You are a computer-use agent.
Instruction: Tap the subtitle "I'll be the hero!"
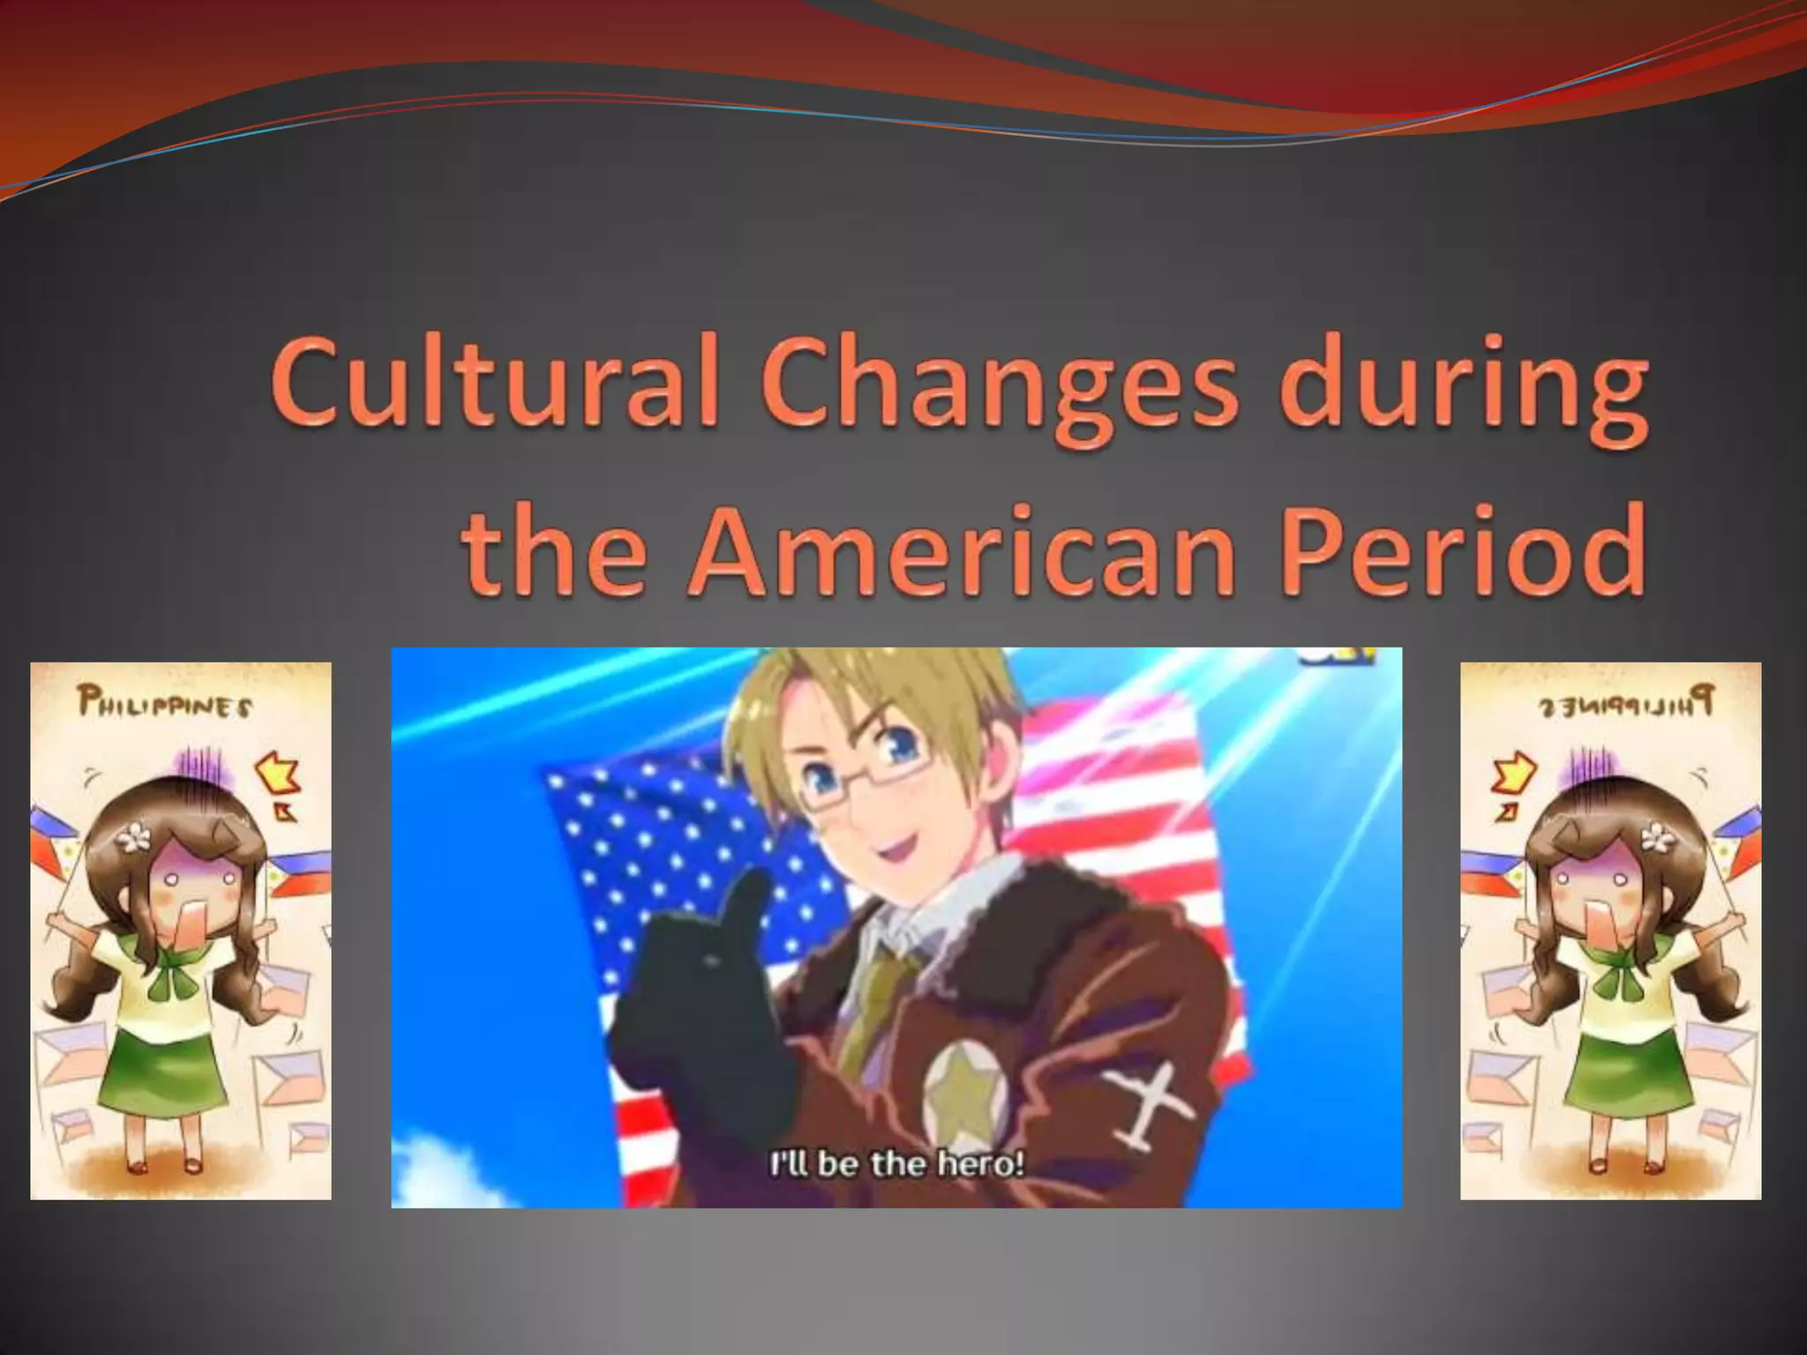[x=897, y=1164]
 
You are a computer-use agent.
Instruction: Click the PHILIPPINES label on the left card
[x=165, y=706]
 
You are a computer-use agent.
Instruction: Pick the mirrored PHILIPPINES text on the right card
[x=1627, y=706]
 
